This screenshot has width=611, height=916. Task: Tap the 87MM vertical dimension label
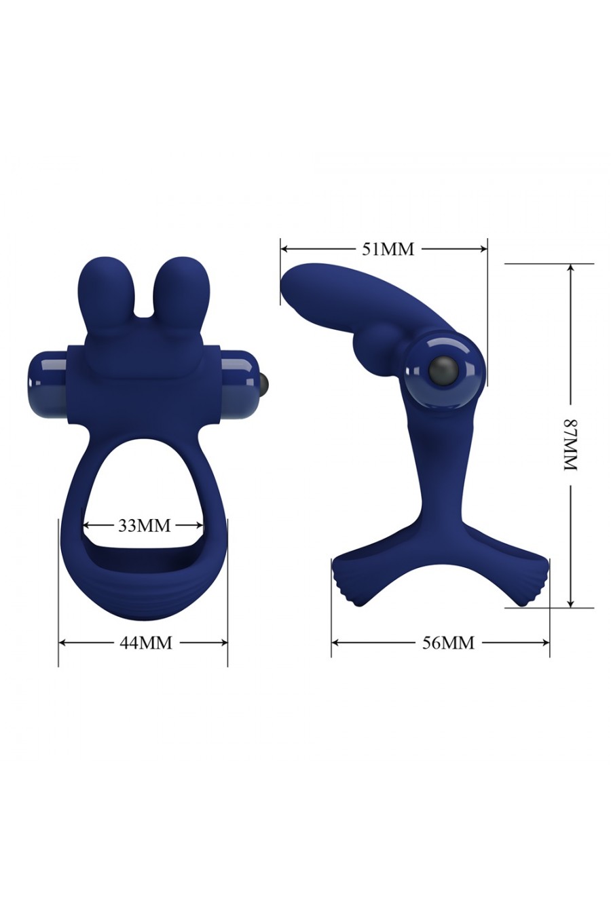click(x=570, y=444)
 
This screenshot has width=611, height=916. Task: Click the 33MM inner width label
click(x=144, y=525)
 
